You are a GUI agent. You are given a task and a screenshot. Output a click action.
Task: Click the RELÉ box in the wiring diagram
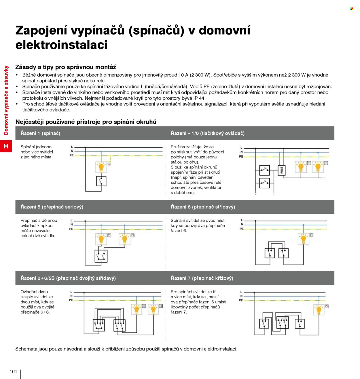281,170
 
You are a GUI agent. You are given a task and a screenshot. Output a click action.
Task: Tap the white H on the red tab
6,146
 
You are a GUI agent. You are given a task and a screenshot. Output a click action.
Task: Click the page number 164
13,372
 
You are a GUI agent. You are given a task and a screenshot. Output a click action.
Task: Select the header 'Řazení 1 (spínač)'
40,133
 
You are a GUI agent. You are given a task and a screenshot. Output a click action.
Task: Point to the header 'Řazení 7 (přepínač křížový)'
202,278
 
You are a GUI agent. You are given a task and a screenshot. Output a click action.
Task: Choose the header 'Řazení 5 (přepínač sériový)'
52,207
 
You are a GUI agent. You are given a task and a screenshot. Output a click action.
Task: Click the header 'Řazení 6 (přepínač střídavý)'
203,207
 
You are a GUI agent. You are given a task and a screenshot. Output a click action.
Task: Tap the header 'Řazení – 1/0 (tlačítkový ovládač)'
208,133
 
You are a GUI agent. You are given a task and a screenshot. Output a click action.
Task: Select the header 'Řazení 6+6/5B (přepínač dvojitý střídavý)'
68,278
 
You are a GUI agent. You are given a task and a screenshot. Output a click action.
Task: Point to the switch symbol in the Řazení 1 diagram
101,181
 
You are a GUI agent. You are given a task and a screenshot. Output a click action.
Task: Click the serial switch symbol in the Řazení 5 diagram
101,256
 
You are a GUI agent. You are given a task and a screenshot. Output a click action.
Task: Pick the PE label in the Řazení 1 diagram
71,155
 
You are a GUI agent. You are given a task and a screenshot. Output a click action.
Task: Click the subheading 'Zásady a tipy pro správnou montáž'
66,67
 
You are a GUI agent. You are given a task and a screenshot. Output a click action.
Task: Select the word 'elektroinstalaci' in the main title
61,45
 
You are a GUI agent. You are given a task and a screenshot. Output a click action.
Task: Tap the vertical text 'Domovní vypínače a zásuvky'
6,100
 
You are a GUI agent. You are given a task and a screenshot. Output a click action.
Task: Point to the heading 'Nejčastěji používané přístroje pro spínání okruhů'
86,122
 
